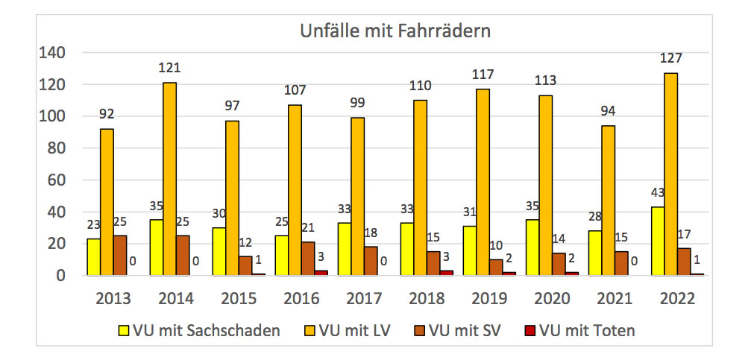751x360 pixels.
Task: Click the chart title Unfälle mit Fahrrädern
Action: [x=395, y=31]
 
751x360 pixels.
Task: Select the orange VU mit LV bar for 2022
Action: [x=670, y=174]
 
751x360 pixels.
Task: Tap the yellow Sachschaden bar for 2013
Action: [x=93, y=257]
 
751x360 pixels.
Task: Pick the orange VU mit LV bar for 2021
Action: [x=609, y=200]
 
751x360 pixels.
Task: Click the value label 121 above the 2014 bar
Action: [x=169, y=69]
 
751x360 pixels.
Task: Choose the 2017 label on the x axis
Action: [x=363, y=299]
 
